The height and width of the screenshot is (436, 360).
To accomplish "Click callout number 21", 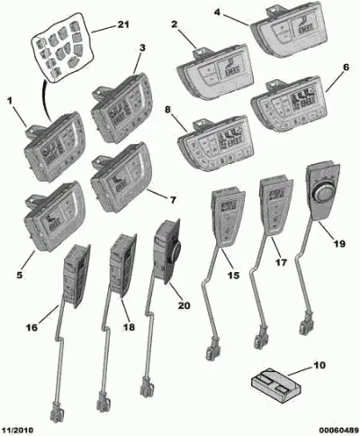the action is [x=122, y=24].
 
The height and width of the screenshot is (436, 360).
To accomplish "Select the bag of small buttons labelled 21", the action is [x=61, y=47].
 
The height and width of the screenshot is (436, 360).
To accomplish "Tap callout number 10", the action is [x=319, y=366].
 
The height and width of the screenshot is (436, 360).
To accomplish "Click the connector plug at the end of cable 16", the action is [x=57, y=412].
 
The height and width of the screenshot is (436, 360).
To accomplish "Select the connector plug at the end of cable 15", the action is [x=213, y=349].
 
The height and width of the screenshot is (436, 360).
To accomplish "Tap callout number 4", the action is [x=217, y=13].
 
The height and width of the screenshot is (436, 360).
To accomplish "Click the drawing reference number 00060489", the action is [x=338, y=431].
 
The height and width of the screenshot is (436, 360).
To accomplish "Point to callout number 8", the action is [x=167, y=110].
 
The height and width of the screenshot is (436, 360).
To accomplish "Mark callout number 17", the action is [x=281, y=262].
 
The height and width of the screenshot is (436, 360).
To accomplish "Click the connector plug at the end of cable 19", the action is [x=307, y=324].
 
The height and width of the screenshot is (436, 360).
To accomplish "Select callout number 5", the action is [x=20, y=275].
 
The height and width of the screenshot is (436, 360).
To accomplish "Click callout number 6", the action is [x=346, y=68].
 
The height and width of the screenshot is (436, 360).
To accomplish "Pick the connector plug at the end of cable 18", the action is [x=103, y=401].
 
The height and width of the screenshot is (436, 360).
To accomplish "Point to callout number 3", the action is [x=142, y=48].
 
